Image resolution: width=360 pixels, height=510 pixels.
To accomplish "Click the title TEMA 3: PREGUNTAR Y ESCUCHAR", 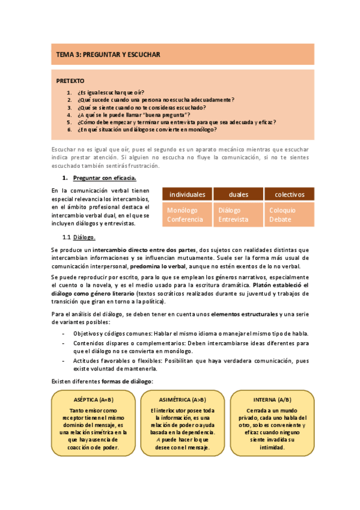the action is pyautogui.click(x=108, y=54).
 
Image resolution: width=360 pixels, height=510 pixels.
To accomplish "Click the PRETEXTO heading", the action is pyautogui.click(x=70, y=81).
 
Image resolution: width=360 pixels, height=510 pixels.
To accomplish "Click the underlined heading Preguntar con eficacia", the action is pyautogui.click(x=105, y=178).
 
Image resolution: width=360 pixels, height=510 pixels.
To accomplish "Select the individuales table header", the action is pyautogui.click(x=187, y=194).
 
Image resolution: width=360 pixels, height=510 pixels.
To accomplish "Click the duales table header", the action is pyautogui.click(x=239, y=194).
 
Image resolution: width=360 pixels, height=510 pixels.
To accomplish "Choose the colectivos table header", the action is pyautogui.click(x=290, y=194).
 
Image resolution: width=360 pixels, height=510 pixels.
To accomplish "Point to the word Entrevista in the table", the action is pyautogui.click(x=233, y=220).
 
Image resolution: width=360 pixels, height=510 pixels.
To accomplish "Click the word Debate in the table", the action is pyautogui.click(x=280, y=220).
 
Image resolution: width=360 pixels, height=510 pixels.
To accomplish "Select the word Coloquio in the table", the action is pyautogui.click(x=282, y=210).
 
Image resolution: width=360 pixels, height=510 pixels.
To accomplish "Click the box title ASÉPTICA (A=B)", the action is pyautogui.click(x=93, y=399).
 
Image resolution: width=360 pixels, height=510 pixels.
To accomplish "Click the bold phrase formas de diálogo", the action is pyautogui.click(x=127, y=381).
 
